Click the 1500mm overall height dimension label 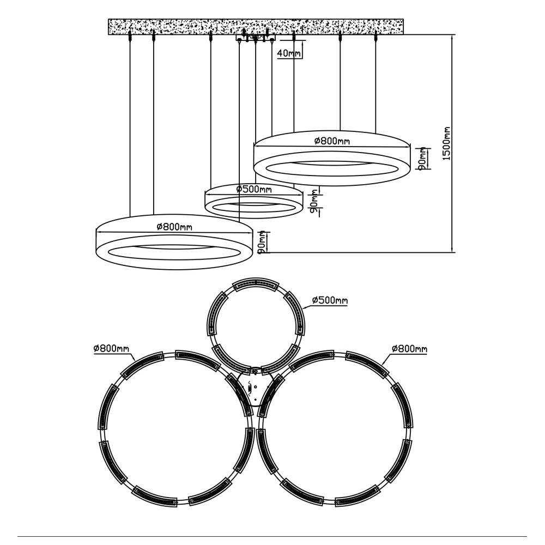(x=447, y=143)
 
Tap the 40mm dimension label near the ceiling (x=288, y=53)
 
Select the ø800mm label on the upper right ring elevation (x=331, y=141)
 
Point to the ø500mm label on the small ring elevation (x=254, y=190)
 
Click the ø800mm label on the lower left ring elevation (x=174, y=227)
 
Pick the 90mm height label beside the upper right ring (x=422, y=158)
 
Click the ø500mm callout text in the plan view (x=330, y=300)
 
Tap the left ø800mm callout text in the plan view (x=111, y=348)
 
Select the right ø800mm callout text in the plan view (x=409, y=348)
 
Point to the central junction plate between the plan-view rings (x=255, y=387)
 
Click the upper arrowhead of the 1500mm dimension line (x=452, y=38)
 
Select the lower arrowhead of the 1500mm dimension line (x=452, y=249)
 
